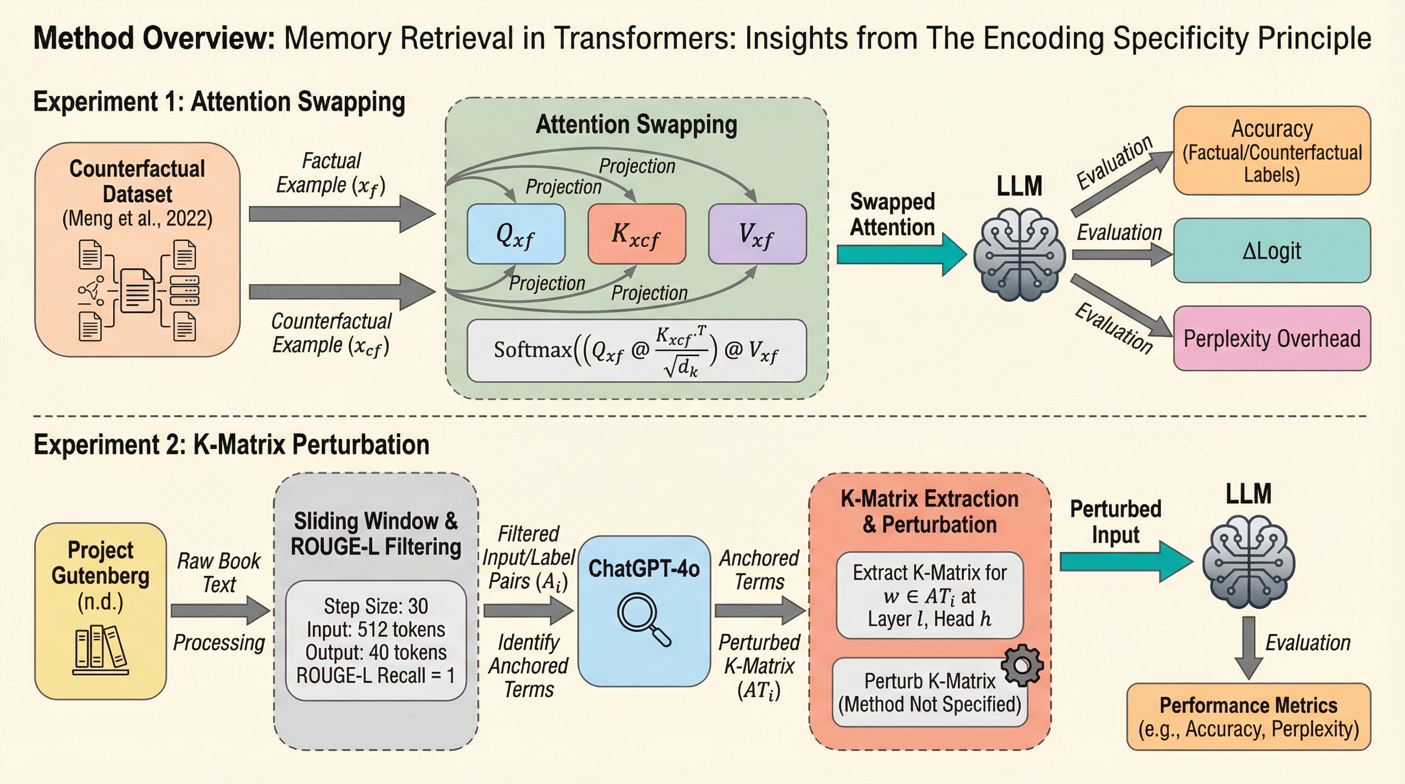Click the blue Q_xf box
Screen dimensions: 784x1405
[516, 234]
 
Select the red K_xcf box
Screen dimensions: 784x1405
[637, 234]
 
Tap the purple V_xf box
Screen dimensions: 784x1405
[757, 234]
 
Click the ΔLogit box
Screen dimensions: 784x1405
[1271, 251]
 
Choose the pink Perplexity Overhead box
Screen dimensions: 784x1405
[1271, 338]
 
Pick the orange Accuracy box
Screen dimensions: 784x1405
[1271, 151]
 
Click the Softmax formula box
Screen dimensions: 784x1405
[637, 351]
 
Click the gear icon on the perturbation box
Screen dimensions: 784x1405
[1022, 665]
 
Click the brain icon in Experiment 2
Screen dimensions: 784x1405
[1248, 561]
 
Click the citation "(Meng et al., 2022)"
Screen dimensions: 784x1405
[137, 218]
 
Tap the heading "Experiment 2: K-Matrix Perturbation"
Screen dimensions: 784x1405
[231, 445]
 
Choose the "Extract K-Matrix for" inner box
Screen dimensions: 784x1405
[929, 595]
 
